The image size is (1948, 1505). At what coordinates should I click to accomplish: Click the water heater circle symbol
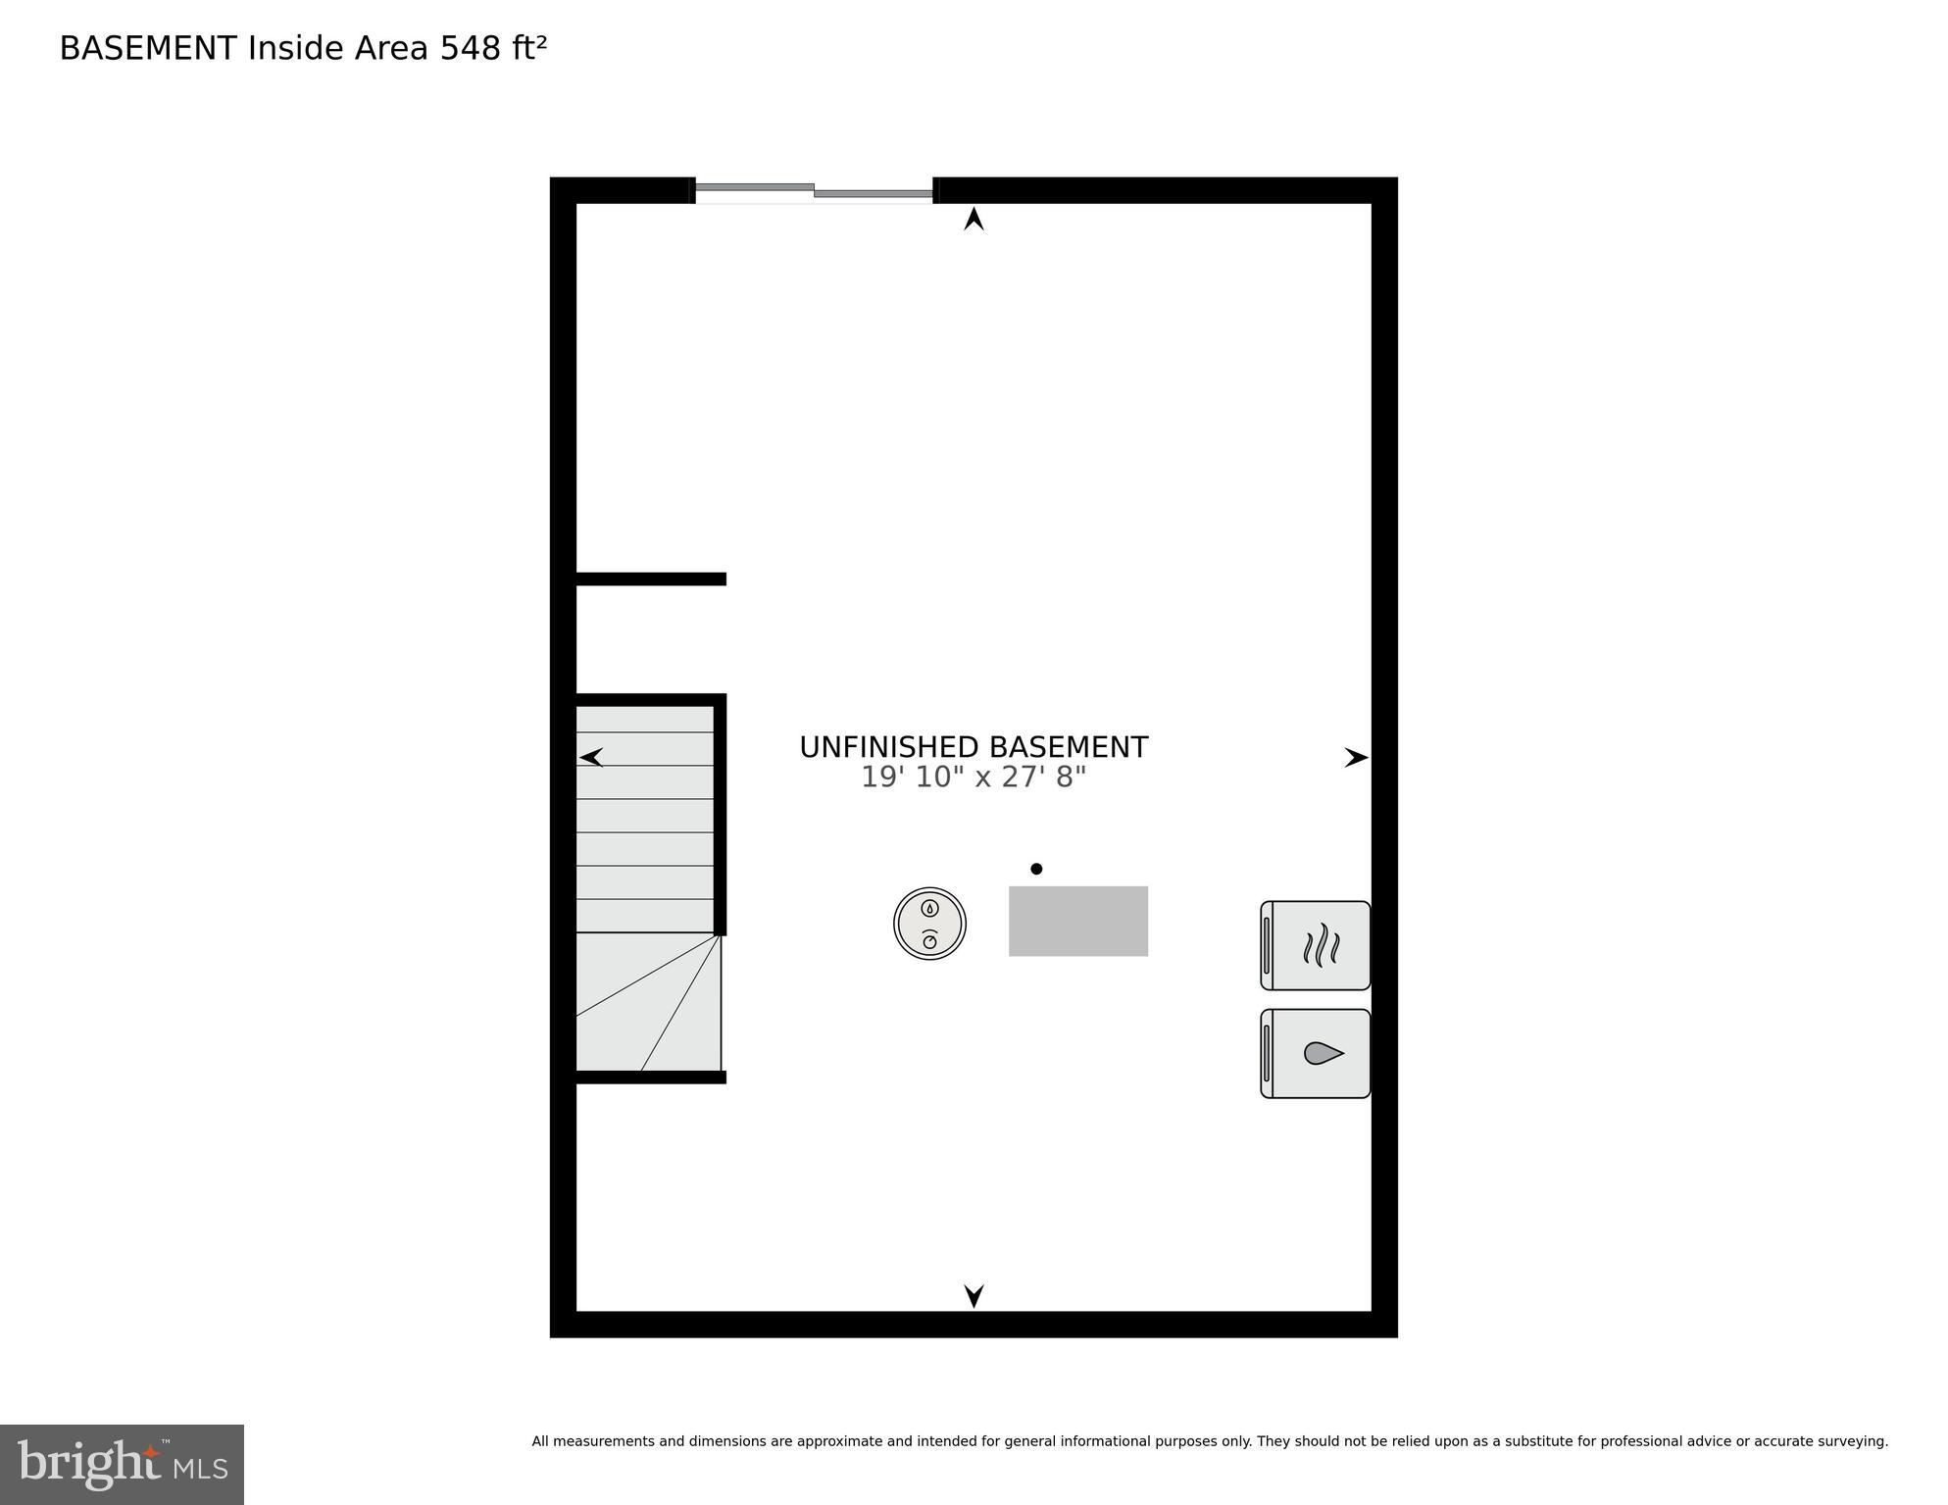[x=929, y=923]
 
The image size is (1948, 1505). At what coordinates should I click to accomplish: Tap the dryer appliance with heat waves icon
[x=1316, y=945]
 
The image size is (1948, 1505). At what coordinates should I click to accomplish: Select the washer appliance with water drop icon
[x=1316, y=1053]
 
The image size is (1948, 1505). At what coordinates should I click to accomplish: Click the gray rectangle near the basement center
[x=1077, y=921]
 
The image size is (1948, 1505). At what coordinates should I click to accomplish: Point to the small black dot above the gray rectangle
[x=1036, y=869]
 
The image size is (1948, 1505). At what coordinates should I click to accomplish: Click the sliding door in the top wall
[x=814, y=190]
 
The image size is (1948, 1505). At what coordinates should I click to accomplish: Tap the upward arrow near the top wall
[x=974, y=220]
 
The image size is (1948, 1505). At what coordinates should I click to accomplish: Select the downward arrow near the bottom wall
[x=974, y=1295]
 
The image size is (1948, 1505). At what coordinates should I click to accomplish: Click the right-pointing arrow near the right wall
[x=1356, y=757]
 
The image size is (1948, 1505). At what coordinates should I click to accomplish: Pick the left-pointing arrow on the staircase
[x=591, y=757]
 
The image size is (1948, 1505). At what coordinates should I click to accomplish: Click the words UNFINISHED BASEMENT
[x=973, y=747]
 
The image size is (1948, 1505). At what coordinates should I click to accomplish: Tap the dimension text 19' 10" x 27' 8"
[x=973, y=778]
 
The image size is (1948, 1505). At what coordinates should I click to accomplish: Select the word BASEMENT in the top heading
[x=148, y=48]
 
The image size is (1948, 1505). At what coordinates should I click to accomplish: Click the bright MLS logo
[x=122, y=1464]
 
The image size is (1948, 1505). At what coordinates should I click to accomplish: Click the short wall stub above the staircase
[x=650, y=579]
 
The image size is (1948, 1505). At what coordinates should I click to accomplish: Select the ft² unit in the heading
[x=528, y=48]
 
